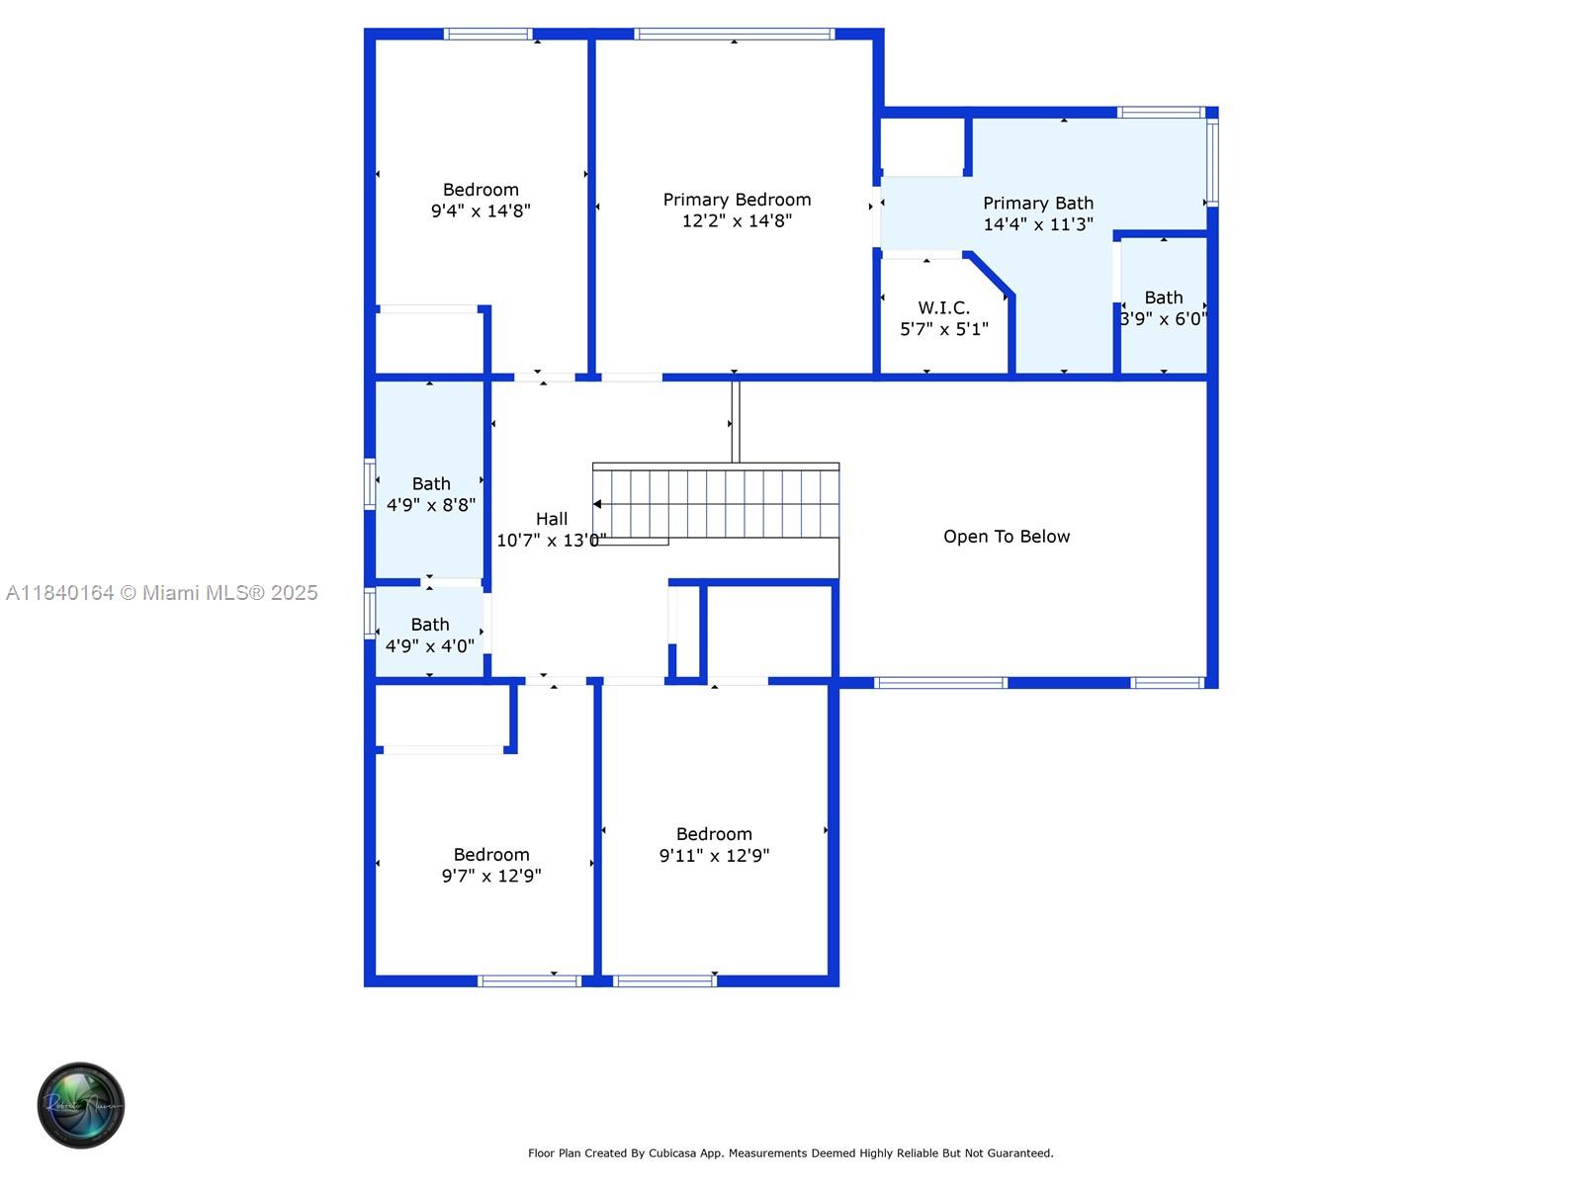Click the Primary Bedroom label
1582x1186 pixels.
pos(737,200)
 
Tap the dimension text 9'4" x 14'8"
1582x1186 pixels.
pos(481,211)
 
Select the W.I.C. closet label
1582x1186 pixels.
pos(943,307)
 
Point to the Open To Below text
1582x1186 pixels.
pos(1006,537)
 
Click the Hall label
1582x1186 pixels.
pos(552,519)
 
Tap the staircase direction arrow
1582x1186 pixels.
pos(598,504)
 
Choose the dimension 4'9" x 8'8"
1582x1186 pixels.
pos(431,505)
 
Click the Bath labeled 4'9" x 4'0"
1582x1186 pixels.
pos(429,625)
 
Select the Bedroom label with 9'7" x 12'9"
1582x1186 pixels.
pos(491,855)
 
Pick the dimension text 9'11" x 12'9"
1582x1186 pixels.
pos(714,856)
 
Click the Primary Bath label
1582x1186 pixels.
pos(1037,203)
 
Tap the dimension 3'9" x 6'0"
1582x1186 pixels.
pos(1163,319)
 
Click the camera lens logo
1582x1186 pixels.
pos(81,1105)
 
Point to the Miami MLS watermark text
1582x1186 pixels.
pos(162,593)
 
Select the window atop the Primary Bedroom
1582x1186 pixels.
pos(734,35)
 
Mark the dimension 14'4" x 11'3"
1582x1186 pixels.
pos(1037,224)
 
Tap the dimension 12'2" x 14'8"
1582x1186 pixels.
pos(737,221)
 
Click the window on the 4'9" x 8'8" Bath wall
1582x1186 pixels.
pos(370,483)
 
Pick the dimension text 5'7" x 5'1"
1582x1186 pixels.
pos(943,329)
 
